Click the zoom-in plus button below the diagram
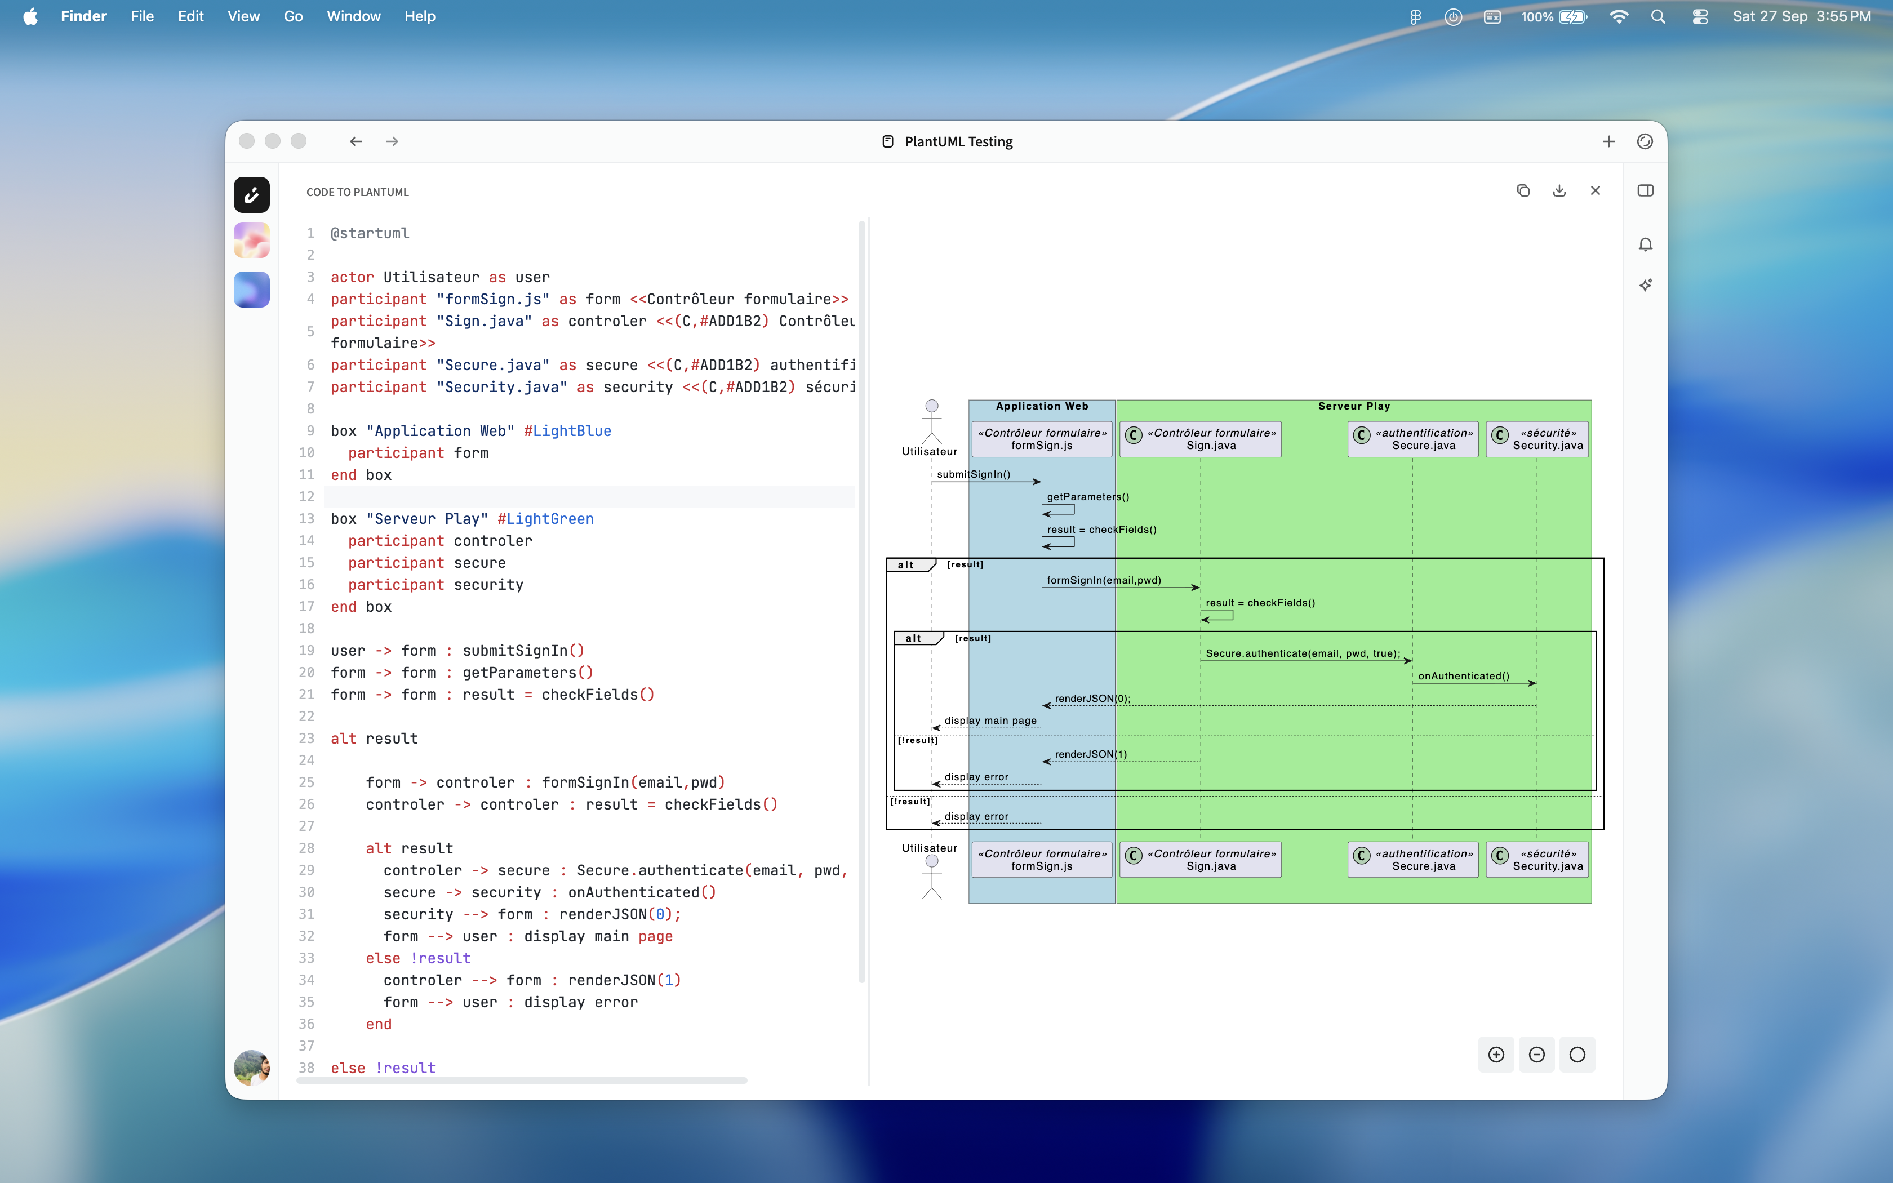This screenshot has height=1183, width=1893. click(x=1496, y=1055)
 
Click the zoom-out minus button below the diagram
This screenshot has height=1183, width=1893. click(x=1536, y=1055)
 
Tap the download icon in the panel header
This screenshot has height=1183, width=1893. click(x=1559, y=190)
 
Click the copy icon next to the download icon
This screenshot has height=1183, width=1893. click(x=1523, y=190)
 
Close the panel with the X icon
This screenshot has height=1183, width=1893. click(x=1595, y=190)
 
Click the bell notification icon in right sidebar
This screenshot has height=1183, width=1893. click(x=1645, y=245)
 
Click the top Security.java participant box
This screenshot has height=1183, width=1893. click(x=1536, y=439)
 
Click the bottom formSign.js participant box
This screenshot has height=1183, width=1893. click(x=1041, y=860)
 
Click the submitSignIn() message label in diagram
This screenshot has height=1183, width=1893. click(x=973, y=474)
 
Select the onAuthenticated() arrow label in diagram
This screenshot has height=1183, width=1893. click(x=1463, y=676)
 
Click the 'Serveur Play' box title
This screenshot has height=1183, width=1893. click(x=1353, y=406)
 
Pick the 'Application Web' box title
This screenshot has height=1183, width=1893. click(x=1041, y=406)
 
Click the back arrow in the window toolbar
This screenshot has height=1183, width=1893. click(x=356, y=141)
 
